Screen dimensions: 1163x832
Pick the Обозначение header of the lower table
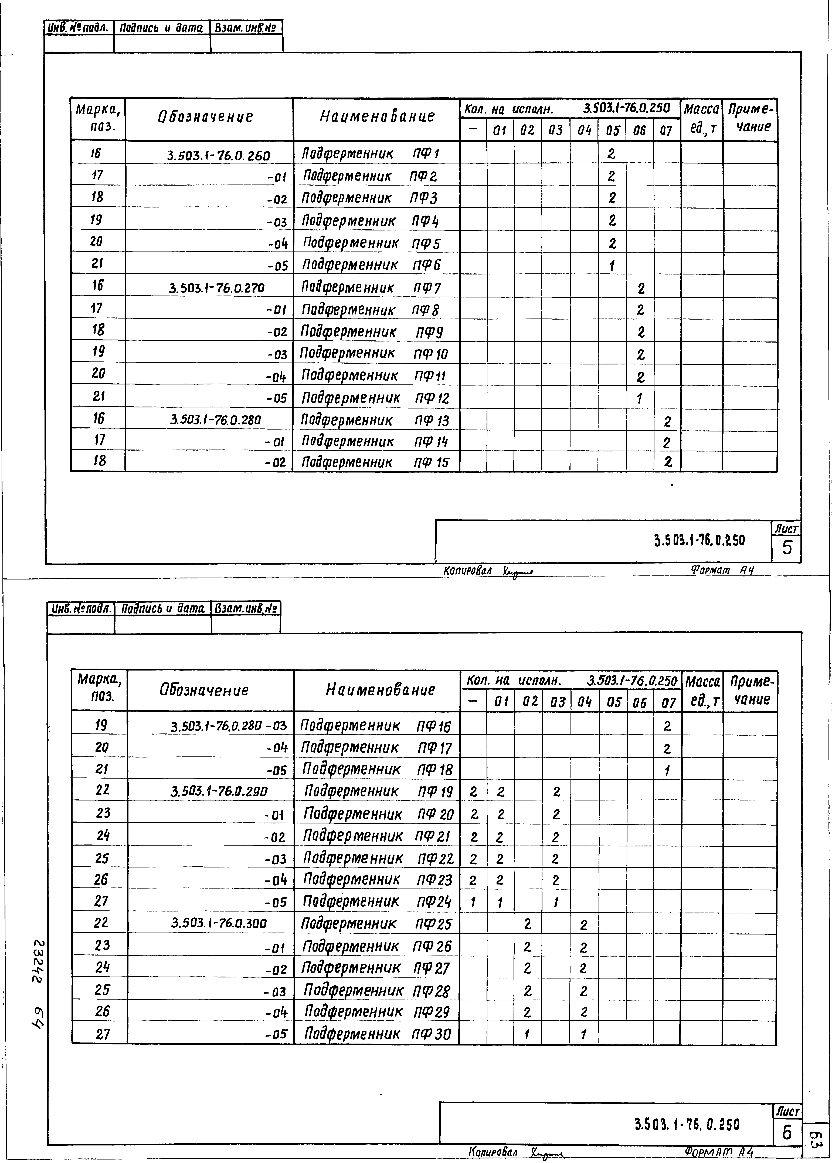pos(204,690)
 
